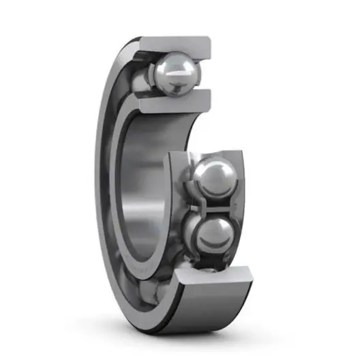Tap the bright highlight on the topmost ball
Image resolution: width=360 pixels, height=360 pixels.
point(168,66)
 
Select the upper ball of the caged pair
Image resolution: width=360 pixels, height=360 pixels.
point(212,178)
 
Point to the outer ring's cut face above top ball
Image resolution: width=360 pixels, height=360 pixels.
point(177,45)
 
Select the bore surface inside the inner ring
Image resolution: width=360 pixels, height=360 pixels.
point(140,191)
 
